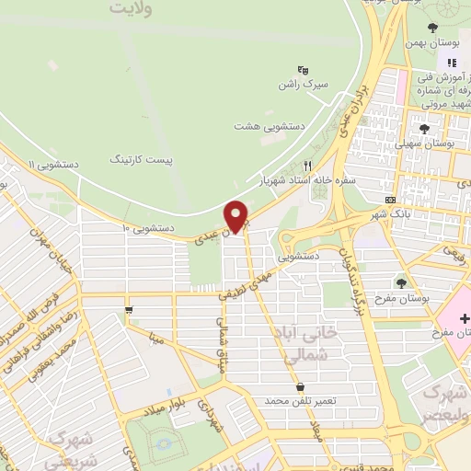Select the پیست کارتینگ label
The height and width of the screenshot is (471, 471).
tap(141, 159)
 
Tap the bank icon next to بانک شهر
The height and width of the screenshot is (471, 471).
tap(390, 199)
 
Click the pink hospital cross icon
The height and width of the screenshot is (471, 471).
tap(465, 316)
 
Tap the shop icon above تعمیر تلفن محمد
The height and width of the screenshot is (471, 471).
tap(301, 386)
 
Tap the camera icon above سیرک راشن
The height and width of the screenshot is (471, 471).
tap(303, 69)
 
